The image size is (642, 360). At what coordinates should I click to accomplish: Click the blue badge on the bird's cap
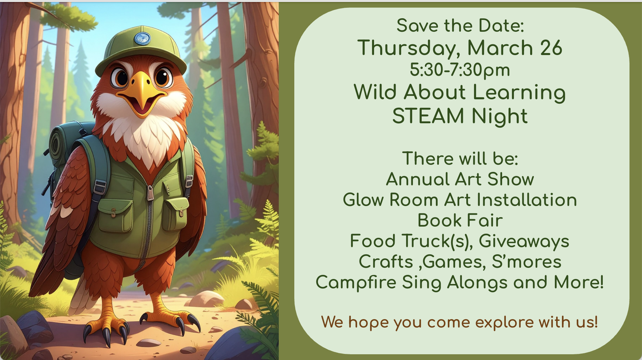(142, 38)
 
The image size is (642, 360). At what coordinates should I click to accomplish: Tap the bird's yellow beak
(142, 93)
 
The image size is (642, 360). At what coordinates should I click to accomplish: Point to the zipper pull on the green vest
(150, 193)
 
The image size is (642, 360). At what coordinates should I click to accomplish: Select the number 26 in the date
(551, 48)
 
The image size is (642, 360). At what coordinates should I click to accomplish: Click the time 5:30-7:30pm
(460, 70)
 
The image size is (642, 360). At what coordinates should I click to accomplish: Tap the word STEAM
(428, 116)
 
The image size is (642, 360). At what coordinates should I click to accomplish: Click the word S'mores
(526, 262)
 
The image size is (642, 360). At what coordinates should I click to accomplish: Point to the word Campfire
(356, 283)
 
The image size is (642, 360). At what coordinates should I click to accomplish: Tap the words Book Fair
(460, 221)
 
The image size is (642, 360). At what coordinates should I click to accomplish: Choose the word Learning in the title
(519, 93)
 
